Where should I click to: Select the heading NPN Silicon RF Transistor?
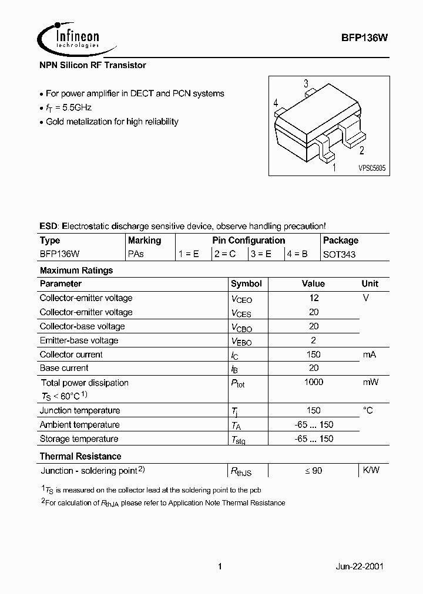point(92,65)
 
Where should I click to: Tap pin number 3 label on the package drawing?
point(306,84)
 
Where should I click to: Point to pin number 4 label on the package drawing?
point(276,103)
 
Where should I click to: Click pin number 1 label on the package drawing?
point(334,168)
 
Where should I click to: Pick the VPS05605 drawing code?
point(371,168)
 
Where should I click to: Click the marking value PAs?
point(136,255)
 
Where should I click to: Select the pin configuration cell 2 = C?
point(225,255)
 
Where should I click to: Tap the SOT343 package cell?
point(340,255)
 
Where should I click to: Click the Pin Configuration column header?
point(249,241)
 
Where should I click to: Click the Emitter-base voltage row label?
point(79,340)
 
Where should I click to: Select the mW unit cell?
point(370,383)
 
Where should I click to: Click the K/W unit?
point(371,470)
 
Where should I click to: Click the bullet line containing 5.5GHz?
point(68,108)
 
